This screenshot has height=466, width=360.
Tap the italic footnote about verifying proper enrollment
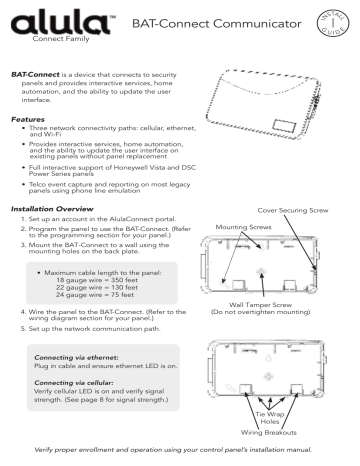[x=180, y=455]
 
